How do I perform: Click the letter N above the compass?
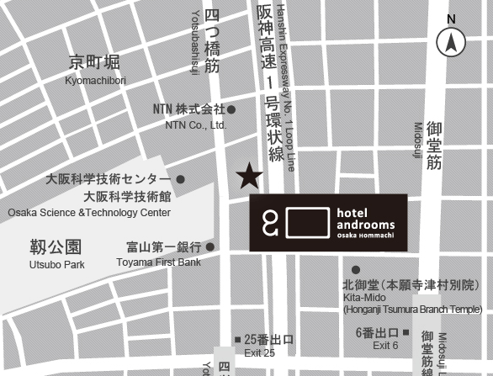pyautogui.click(x=452, y=19)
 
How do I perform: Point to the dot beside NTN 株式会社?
pyautogui.click(x=231, y=109)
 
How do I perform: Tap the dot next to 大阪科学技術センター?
pyautogui.click(x=180, y=179)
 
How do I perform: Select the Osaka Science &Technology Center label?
pyautogui.click(x=89, y=213)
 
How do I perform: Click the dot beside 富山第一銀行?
pyautogui.click(x=210, y=247)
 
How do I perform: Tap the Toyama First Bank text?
pyautogui.click(x=159, y=262)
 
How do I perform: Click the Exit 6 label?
pyautogui.click(x=384, y=345)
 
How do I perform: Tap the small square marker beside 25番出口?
pyautogui.click(x=237, y=338)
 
